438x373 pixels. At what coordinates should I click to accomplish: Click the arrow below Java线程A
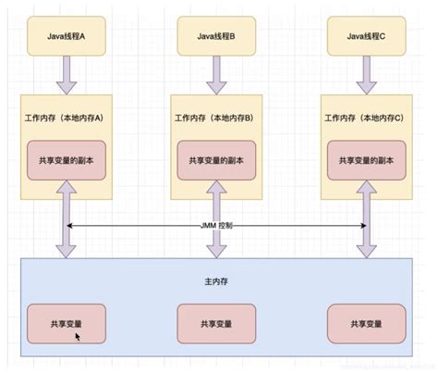tap(67, 74)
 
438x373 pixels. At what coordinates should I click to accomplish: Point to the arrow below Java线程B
tap(216, 74)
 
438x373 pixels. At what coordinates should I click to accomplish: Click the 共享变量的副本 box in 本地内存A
tap(67, 158)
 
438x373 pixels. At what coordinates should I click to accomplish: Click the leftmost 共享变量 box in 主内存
tap(67, 322)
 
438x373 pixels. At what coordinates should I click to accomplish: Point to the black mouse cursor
tap(79, 337)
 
